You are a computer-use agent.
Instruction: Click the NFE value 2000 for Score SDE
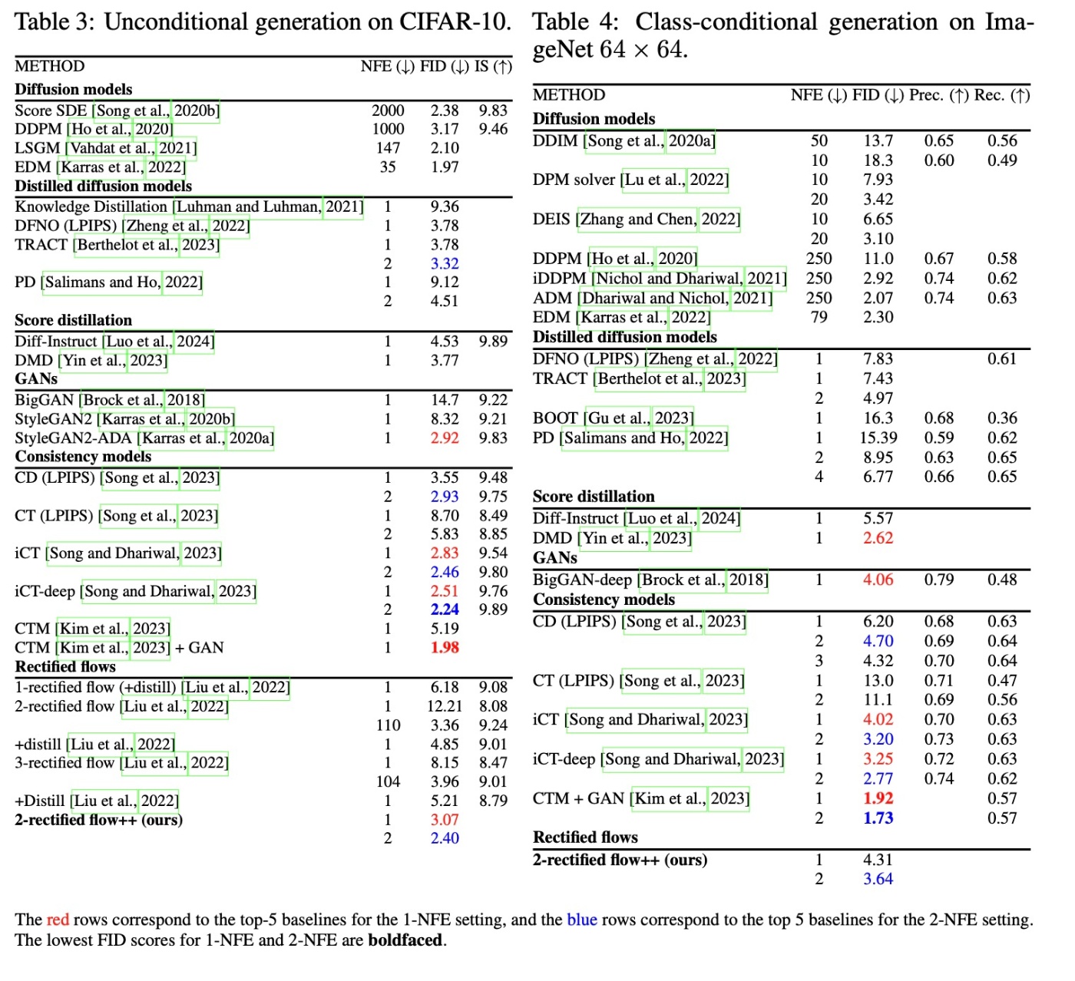click(x=388, y=111)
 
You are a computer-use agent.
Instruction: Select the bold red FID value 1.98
click(x=445, y=647)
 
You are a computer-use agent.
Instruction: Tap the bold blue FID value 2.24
click(x=445, y=609)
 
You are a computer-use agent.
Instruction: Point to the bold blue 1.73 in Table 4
click(x=878, y=818)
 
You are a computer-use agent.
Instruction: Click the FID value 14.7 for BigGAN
click(x=445, y=400)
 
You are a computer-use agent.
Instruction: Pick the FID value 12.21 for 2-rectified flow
click(x=445, y=706)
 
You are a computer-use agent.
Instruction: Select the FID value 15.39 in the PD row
click(x=878, y=438)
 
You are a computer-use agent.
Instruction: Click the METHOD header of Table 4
click(x=569, y=95)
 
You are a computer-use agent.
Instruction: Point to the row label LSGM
click(x=37, y=148)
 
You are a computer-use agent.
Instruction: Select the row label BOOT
click(x=555, y=418)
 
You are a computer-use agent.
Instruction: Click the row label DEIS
click(x=551, y=220)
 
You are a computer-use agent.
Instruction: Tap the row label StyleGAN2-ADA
click(x=73, y=438)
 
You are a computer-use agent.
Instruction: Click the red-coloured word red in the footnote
click(x=58, y=920)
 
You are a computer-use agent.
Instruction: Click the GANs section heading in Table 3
click(x=36, y=379)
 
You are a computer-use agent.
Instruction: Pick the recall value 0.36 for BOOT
click(x=1002, y=418)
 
